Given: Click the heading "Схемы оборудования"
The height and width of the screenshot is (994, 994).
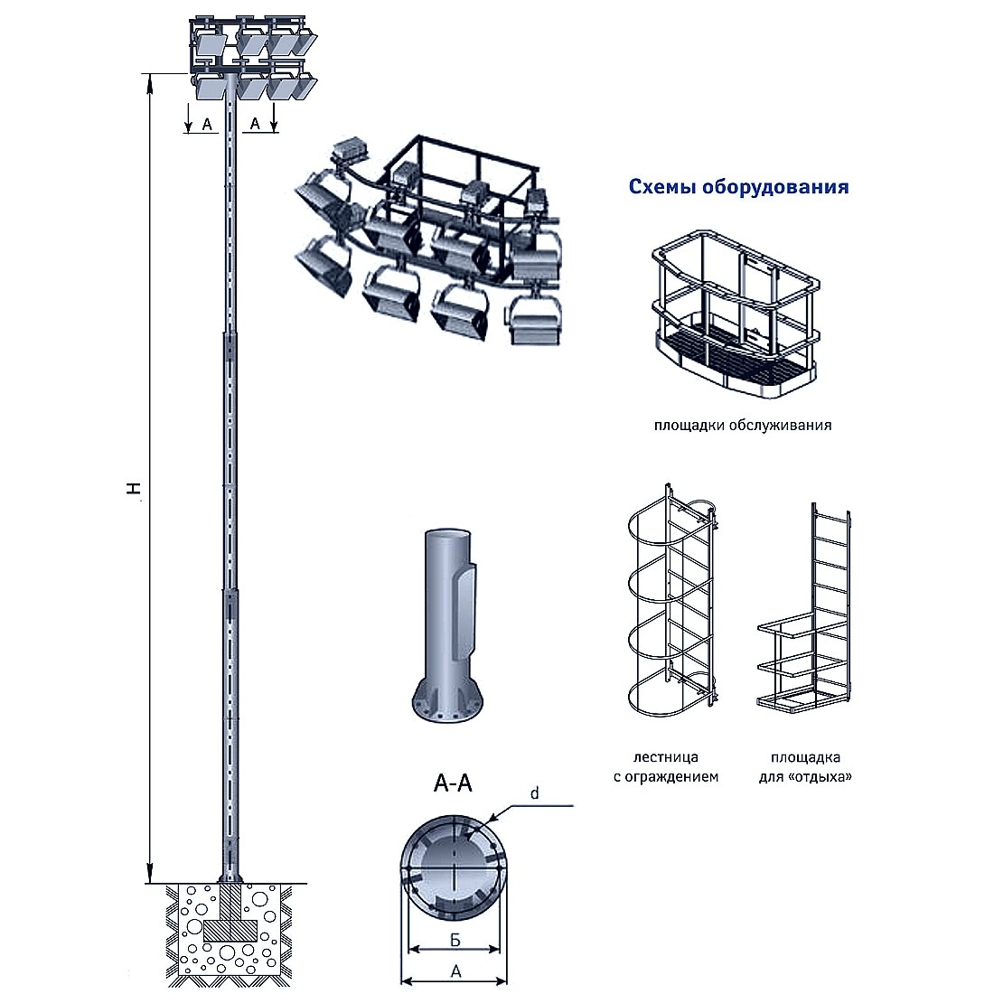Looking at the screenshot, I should pyautogui.click(x=738, y=187).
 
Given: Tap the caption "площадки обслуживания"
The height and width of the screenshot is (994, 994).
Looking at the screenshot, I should pyautogui.click(x=742, y=425).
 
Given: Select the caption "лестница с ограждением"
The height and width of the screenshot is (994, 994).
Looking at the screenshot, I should pyautogui.click(x=666, y=766).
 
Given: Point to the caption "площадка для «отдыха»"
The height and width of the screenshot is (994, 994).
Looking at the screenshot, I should pyautogui.click(x=806, y=766).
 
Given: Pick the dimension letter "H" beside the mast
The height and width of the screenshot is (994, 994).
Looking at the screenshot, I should pyautogui.click(x=134, y=489).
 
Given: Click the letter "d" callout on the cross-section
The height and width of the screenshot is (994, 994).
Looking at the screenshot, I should pyautogui.click(x=534, y=793).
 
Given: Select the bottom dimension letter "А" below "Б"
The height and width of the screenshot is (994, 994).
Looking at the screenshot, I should pyautogui.click(x=455, y=972).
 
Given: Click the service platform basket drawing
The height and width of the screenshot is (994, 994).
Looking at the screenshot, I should pyautogui.click(x=734, y=313).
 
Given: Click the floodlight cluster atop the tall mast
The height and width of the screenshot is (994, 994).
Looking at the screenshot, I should pyautogui.click(x=253, y=56).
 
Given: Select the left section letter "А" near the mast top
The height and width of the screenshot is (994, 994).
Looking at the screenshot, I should pyautogui.click(x=207, y=125).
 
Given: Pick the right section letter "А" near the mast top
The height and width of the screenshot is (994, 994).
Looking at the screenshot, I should pyautogui.click(x=256, y=123).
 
